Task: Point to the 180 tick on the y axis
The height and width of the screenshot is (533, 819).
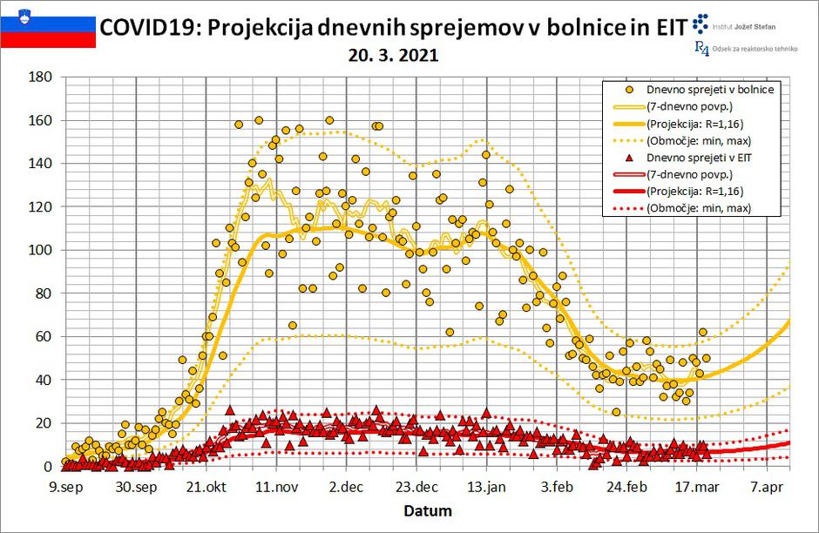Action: coord(40,78)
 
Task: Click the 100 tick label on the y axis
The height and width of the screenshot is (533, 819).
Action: coord(40,250)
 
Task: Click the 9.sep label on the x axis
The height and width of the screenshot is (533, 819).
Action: coord(66,486)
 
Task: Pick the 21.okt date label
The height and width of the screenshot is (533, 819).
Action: coord(206,486)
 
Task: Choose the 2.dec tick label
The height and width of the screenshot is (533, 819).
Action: coord(346,486)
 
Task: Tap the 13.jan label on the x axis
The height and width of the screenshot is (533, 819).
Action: coord(486,486)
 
